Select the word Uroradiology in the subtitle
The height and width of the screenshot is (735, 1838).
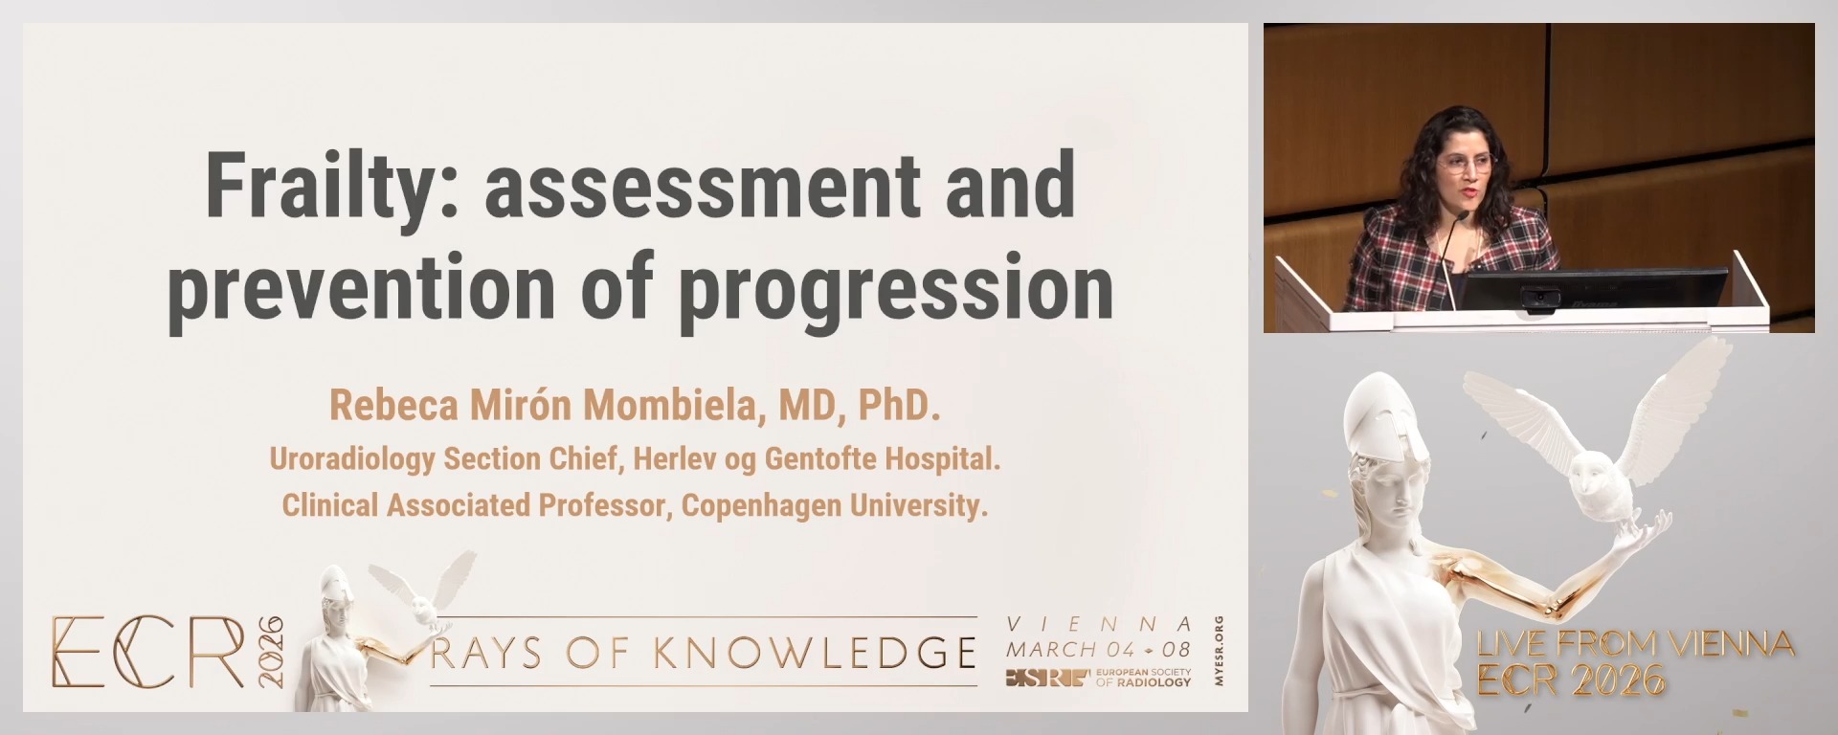(x=351, y=459)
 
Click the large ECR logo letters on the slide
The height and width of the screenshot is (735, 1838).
(x=147, y=653)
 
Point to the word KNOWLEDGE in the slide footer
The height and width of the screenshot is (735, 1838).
(x=815, y=653)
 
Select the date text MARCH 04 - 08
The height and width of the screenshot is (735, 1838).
(x=1098, y=649)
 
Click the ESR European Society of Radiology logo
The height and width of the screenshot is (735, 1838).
(x=1098, y=679)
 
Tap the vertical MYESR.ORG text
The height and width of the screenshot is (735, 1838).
(x=1218, y=651)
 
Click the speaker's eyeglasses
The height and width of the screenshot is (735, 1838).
(x=1464, y=163)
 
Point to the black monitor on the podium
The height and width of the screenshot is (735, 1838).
(x=1594, y=289)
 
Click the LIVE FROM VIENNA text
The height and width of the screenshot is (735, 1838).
(x=1635, y=644)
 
